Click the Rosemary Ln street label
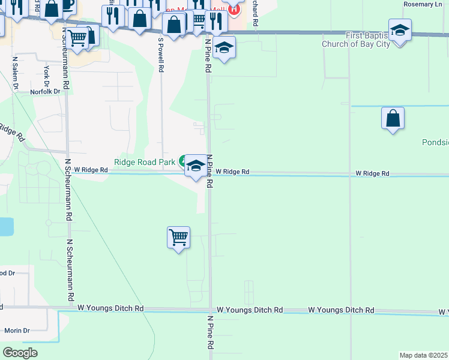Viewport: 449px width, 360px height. pos(423,4)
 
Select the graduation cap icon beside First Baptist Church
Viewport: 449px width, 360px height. pos(400,29)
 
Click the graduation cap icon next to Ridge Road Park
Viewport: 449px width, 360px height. pos(196,166)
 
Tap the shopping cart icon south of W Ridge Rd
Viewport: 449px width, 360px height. pos(179,238)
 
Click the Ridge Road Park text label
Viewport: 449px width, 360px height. pos(145,162)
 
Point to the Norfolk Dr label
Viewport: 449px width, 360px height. pos(46,92)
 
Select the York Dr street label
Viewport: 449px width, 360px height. pos(46,76)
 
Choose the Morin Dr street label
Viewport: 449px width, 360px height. pos(17,331)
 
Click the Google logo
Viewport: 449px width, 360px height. pos(20,353)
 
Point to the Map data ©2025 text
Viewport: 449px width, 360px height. pos(423,355)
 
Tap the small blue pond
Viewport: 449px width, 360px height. pos(5,227)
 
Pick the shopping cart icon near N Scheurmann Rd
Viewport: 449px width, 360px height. pos(78,38)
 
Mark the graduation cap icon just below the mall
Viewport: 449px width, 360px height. pos(224,48)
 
